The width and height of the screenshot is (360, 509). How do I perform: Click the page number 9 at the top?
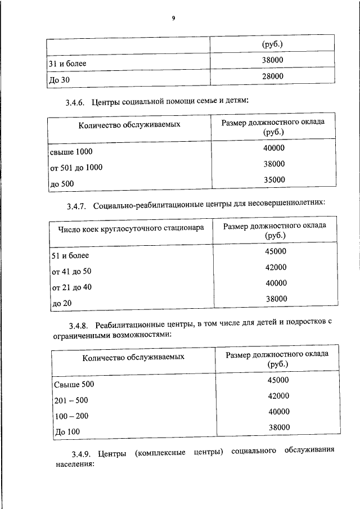[174, 19]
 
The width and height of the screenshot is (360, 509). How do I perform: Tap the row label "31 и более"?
[67, 64]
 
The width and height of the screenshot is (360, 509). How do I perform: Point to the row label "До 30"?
[58, 80]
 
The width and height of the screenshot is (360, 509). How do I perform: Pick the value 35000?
[274, 180]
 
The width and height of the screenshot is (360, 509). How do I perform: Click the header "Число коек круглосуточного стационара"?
[131, 228]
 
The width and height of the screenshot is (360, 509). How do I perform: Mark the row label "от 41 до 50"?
[71, 272]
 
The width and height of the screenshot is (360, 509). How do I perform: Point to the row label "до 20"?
[62, 303]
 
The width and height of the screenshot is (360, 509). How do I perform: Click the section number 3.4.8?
[80, 325]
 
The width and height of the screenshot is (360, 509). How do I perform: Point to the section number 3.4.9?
[81, 453]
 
